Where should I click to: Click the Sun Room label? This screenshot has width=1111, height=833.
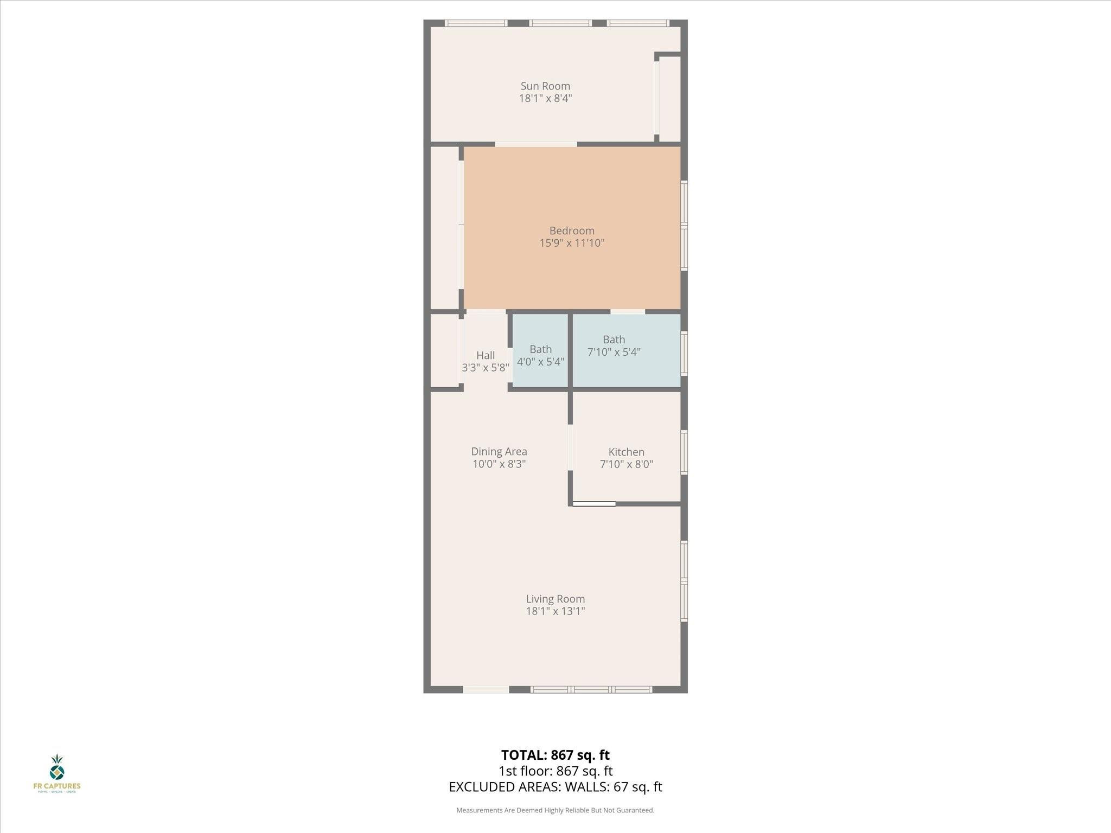coord(545,86)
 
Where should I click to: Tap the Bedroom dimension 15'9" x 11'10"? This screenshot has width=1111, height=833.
coord(572,243)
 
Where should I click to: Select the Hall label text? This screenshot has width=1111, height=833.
coord(486,355)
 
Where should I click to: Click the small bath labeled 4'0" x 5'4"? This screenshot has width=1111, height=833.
coord(540,355)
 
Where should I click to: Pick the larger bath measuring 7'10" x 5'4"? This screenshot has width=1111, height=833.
coord(614,345)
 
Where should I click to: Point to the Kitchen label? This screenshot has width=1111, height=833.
coord(626,452)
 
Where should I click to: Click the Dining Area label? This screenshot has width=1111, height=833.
coord(499,451)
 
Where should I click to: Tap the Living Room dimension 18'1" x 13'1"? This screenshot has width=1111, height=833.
coord(555,611)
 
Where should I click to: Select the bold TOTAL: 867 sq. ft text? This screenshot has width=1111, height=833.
coord(555,755)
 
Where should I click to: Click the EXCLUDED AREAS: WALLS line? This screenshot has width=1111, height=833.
coord(555,787)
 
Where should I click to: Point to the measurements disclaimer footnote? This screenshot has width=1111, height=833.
coord(555,810)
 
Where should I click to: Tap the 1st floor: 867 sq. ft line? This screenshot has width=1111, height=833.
coord(555,771)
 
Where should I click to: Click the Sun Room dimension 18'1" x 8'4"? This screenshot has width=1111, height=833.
coord(545,98)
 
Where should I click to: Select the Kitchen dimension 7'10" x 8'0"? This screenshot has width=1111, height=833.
coord(626,464)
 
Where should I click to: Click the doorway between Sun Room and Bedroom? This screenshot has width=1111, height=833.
coord(535,144)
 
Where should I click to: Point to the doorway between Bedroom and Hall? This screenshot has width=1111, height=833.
coord(486,312)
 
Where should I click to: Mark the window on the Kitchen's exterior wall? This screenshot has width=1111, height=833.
coord(684,452)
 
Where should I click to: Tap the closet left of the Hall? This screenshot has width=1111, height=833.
coord(445,350)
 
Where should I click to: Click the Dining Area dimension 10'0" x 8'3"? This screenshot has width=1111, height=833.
coord(499,464)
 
